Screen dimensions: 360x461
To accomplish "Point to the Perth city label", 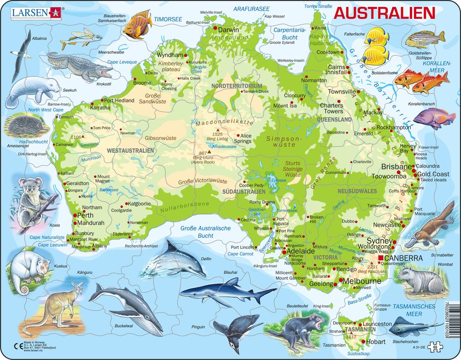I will [x=86, y=215].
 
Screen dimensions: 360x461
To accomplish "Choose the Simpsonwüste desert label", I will [x=281, y=141].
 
